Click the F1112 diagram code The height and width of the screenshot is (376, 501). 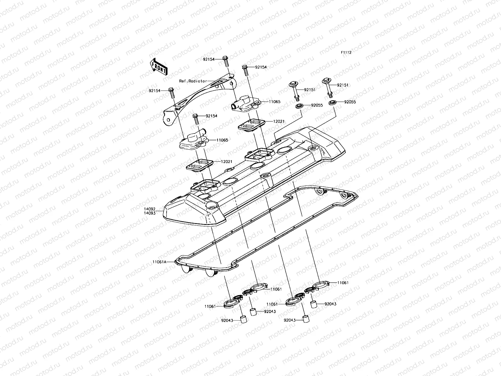(346, 53)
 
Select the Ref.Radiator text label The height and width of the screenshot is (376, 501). (193, 81)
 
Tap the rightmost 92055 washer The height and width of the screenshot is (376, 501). (333, 103)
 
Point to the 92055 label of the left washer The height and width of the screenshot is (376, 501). (317, 105)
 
